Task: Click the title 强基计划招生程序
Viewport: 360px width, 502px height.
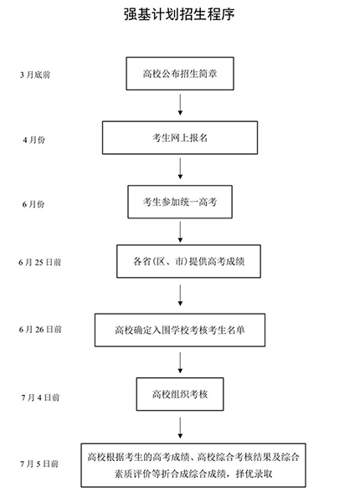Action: pyautogui.click(x=180, y=14)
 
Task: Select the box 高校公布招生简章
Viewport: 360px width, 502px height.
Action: pyautogui.click(x=181, y=74)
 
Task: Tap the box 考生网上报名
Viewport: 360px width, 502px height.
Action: pyautogui.click(x=181, y=138)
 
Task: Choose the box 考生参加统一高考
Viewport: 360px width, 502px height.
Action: pyautogui.click(x=181, y=201)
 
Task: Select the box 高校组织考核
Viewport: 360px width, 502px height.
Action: pyautogui.click(x=181, y=393)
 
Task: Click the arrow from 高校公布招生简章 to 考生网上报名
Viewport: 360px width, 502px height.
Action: pyautogui.click(x=181, y=105)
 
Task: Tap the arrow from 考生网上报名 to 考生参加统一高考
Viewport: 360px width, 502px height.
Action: pyautogui.click(x=181, y=169)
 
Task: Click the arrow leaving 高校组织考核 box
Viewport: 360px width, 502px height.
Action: pyautogui.click(x=181, y=427)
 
